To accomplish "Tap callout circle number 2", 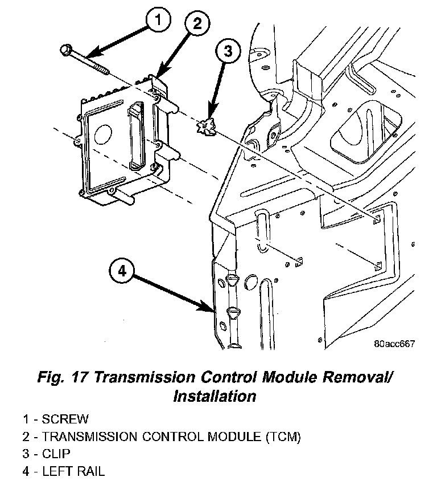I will click(196, 24).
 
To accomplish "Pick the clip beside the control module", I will click(207, 128).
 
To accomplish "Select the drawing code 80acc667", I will click(394, 344).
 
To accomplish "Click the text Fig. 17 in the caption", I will click(63, 377).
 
